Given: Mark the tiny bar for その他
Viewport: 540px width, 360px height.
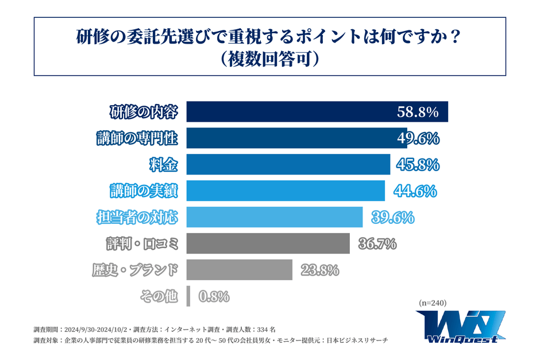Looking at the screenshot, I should (x=188, y=296).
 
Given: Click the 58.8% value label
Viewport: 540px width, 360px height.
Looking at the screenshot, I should (x=418, y=112).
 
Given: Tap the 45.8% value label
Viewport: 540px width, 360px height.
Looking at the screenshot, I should (x=418, y=165).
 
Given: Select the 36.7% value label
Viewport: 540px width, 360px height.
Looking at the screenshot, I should (x=377, y=244).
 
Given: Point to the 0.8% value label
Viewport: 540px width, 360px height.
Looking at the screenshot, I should (x=214, y=297).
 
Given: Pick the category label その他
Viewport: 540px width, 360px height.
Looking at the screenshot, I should (x=159, y=296).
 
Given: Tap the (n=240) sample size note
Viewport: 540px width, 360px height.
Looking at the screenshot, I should (x=433, y=303).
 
